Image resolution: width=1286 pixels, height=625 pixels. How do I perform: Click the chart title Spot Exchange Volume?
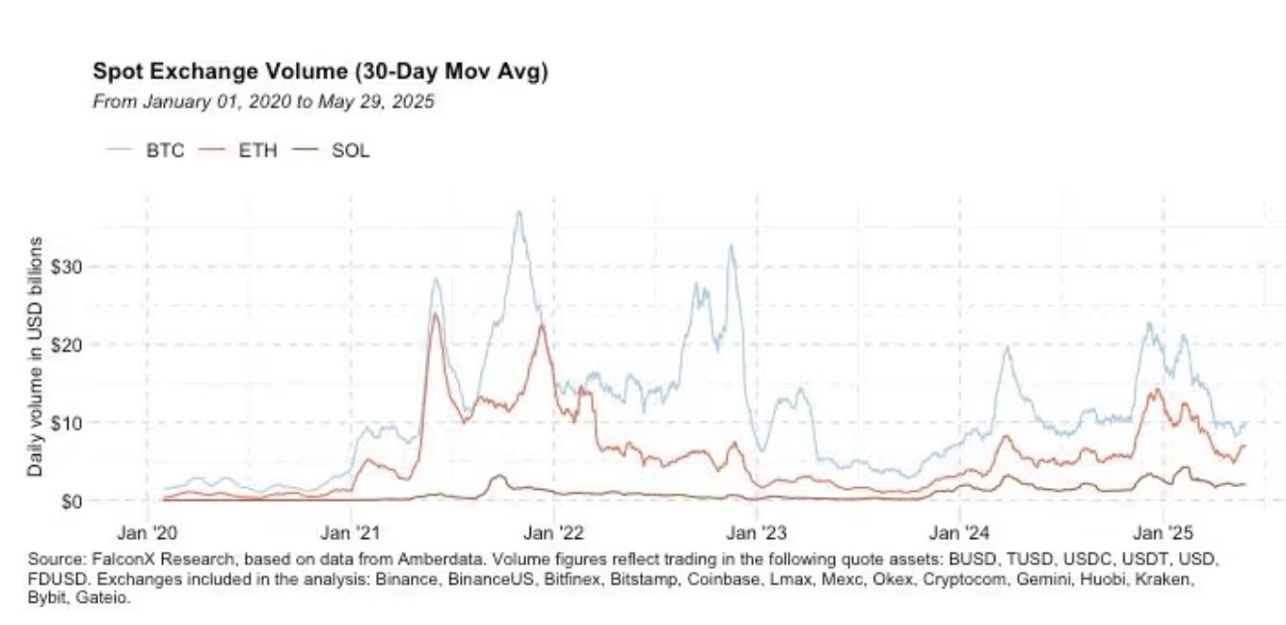pyautogui.click(x=320, y=71)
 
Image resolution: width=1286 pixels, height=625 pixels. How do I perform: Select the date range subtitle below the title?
pyautogui.click(x=263, y=101)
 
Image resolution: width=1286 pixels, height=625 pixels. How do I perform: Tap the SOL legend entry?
pyautogui.click(x=350, y=150)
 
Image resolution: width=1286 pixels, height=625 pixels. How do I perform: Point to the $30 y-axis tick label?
pyautogui.click(x=74, y=266)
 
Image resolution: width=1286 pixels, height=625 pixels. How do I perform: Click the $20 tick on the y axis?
pyautogui.click(x=74, y=344)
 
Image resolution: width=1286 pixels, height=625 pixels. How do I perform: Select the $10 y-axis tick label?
pyautogui.click(x=74, y=422)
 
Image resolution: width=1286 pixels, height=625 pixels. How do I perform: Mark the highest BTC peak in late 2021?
pyautogui.click(x=519, y=212)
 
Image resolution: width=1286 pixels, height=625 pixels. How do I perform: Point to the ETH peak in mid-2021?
pyautogui.click(x=435, y=314)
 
